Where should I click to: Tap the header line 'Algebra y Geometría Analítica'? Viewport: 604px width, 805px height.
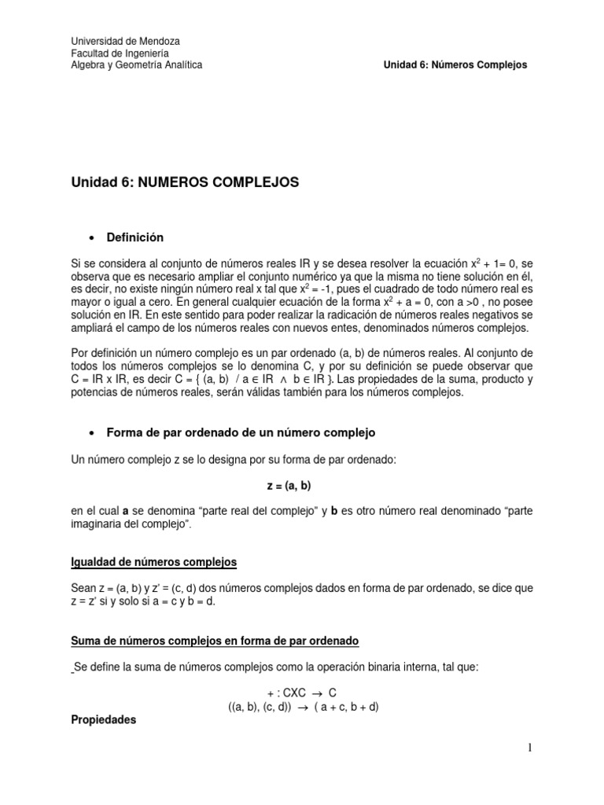pos(137,65)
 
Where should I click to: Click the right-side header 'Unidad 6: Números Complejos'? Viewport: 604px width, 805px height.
pos(455,65)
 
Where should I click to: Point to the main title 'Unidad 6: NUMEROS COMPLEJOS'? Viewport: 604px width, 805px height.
pos(185,182)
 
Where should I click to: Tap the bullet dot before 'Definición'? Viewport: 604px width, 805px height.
pos(94,237)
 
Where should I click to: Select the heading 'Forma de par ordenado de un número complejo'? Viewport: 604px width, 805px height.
pos(241,432)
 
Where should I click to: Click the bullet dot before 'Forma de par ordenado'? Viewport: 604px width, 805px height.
pos(94,433)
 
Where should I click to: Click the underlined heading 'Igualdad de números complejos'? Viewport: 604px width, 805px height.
pos(153,562)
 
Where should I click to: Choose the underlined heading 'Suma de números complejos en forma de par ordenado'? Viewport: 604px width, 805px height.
pos(215,641)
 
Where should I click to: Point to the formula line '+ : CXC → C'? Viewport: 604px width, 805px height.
pos(301,693)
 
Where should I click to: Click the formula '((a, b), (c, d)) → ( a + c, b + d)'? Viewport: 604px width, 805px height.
pos(304,706)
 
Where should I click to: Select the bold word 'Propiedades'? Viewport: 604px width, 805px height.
pos(104,719)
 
